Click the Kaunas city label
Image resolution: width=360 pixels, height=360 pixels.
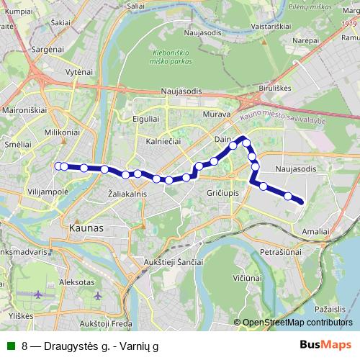(86, 228)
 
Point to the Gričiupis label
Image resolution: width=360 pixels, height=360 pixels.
(222, 194)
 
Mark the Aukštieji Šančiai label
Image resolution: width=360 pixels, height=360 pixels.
(174, 261)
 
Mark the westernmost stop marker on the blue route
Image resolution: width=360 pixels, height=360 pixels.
(58, 166)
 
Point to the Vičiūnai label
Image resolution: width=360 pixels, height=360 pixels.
(246, 276)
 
